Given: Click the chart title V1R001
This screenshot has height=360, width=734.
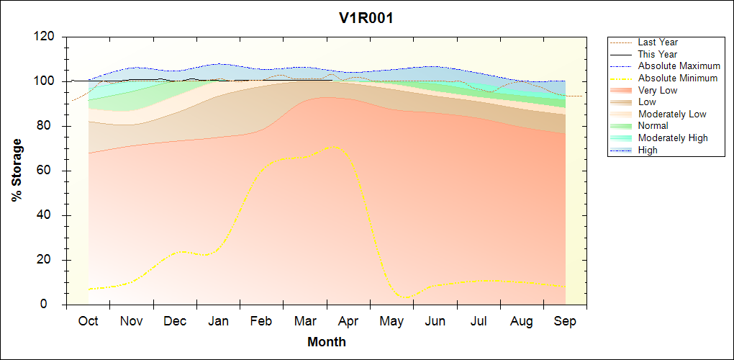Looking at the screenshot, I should click(x=366, y=19).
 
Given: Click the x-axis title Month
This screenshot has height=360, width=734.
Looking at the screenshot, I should click(x=327, y=342).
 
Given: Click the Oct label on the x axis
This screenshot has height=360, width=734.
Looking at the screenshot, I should click(x=88, y=322).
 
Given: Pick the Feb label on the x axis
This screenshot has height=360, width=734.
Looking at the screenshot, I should click(x=262, y=322).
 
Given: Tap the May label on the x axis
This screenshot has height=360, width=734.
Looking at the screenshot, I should click(x=391, y=322).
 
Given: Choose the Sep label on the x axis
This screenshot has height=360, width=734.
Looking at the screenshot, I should click(x=565, y=322).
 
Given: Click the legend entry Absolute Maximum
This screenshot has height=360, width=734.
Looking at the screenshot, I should click(x=679, y=66).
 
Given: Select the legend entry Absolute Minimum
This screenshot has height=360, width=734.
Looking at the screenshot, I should click(x=678, y=78).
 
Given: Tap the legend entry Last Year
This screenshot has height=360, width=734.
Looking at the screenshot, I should click(x=658, y=42).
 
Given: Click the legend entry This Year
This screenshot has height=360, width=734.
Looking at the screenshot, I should click(x=658, y=54).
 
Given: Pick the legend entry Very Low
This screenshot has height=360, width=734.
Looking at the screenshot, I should click(x=658, y=90).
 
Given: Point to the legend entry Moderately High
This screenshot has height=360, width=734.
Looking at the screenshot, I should click(x=673, y=138).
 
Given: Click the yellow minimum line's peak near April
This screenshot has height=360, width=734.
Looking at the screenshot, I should click(x=332, y=147).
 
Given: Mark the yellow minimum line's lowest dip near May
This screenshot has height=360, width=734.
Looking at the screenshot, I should click(x=407, y=297).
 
